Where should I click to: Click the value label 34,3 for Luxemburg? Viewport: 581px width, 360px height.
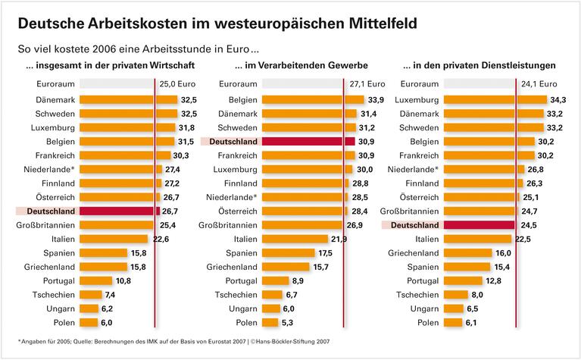click(x=559, y=99)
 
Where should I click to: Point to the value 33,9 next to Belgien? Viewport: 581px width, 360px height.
click(x=374, y=99)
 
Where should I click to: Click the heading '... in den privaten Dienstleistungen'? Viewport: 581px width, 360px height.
click(x=490, y=65)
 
